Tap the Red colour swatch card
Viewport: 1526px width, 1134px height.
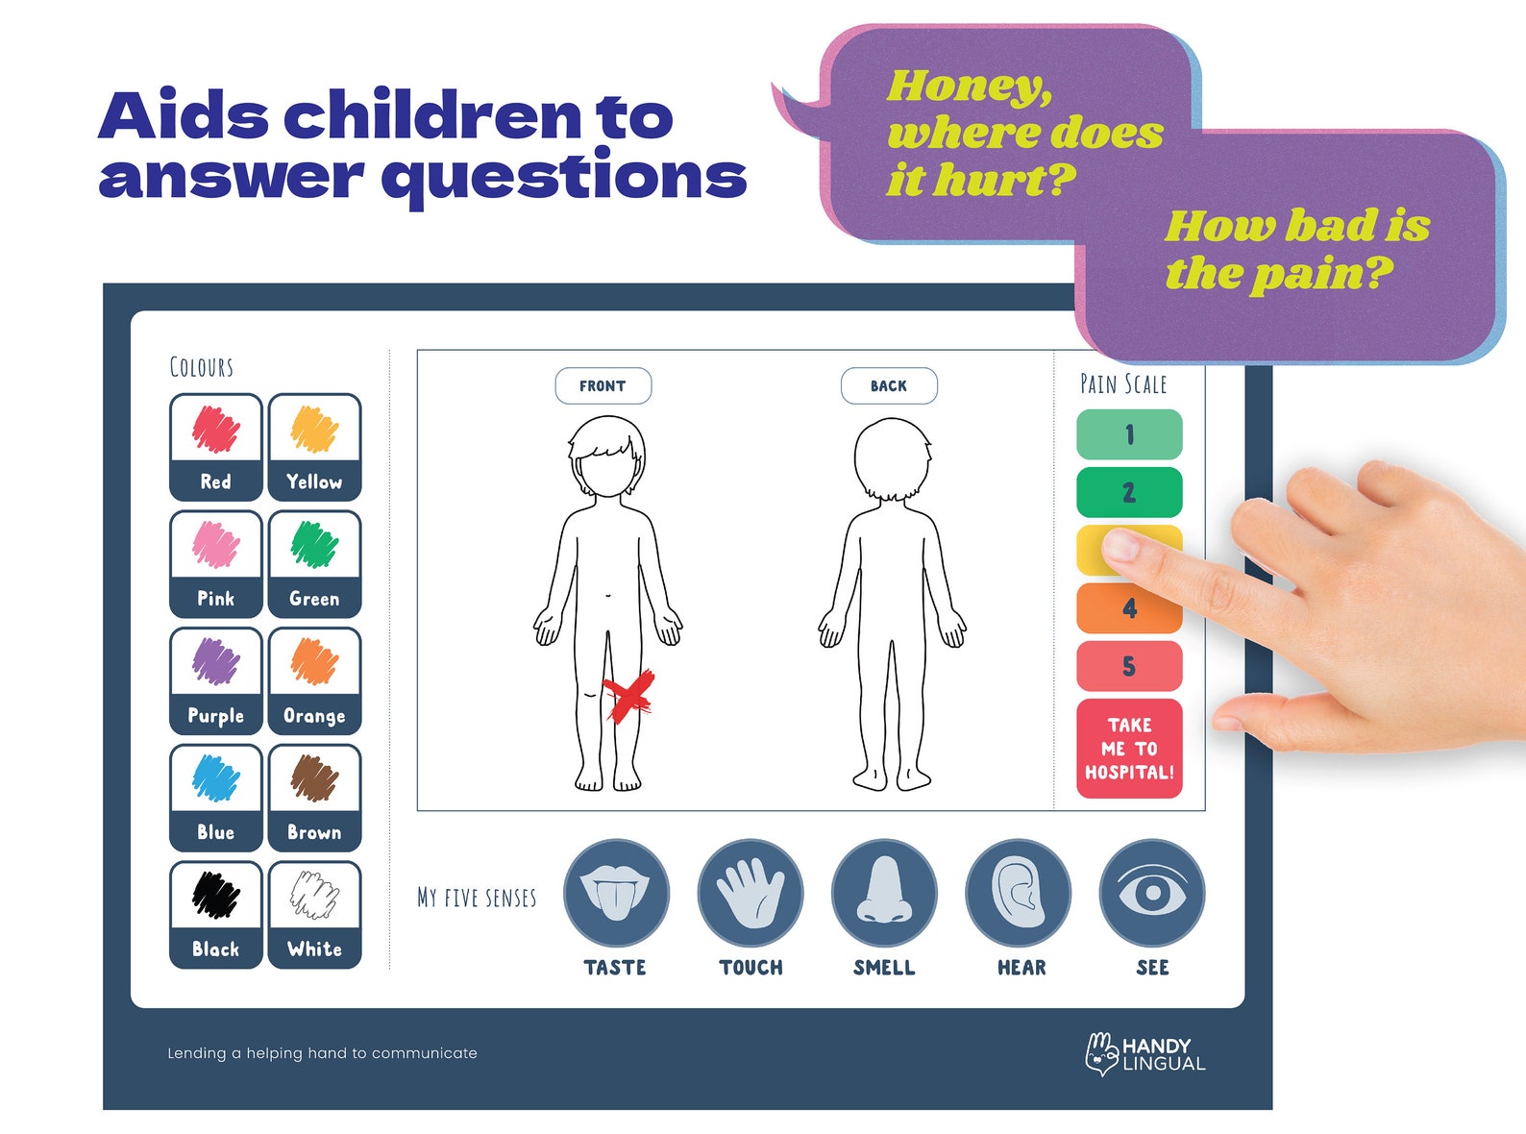click(x=216, y=447)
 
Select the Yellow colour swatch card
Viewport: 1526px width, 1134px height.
click(x=314, y=447)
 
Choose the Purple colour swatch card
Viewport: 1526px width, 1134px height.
click(x=216, y=681)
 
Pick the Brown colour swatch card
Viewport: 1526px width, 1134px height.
click(x=314, y=798)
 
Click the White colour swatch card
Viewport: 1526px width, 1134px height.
click(x=314, y=915)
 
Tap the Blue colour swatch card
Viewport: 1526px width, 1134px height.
click(x=216, y=798)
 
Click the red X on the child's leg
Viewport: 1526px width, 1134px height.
click(x=628, y=696)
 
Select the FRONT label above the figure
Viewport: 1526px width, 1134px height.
click(x=603, y=386)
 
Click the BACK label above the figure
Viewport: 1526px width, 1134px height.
click(x=889, y=386)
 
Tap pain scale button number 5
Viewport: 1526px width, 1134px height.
click(x=1129, y=666)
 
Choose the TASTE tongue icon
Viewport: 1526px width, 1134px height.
click(x=616, y=893)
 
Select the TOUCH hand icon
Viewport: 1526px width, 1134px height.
click(x=751, y=893)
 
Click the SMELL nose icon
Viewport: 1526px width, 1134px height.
click(x=884, y=893)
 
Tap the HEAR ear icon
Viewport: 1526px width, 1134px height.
click(x=1019, y=893)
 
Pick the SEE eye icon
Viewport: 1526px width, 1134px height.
click(x=1152, y=893)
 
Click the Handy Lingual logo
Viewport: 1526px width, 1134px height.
click(x=1145, y=1054)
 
